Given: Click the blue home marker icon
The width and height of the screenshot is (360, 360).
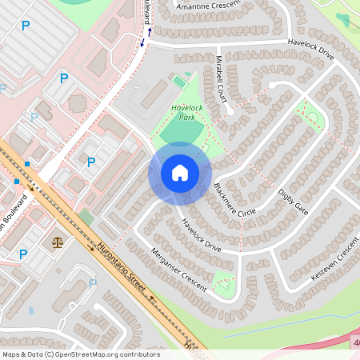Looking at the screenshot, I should click(x=180, y=173).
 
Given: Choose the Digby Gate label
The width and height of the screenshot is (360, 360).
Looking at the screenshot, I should click(x=293, y=200).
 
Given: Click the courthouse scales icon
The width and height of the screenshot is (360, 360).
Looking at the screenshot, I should click(x=57, y=241).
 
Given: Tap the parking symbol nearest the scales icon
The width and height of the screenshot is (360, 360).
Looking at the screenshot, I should click(x=23, y=254).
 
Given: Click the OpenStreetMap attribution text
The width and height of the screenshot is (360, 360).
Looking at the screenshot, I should click(x=80, y=354).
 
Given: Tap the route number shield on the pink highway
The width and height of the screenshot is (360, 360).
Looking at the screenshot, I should click(x=355, y=342).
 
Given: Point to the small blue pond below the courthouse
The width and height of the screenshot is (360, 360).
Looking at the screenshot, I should click(x=30, y=310).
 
